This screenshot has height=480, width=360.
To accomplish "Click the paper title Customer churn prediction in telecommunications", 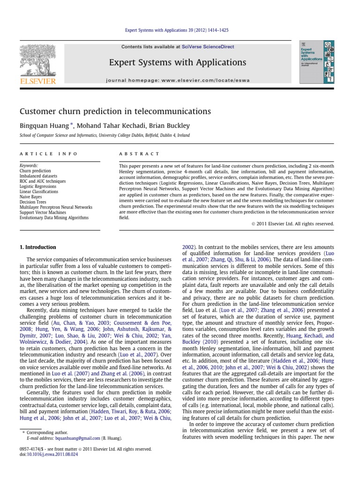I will [x=115, y=112].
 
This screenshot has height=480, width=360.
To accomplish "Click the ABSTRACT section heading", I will [x=139, y=154].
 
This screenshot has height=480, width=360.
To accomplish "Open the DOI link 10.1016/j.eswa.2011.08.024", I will [x=48, y=454].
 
